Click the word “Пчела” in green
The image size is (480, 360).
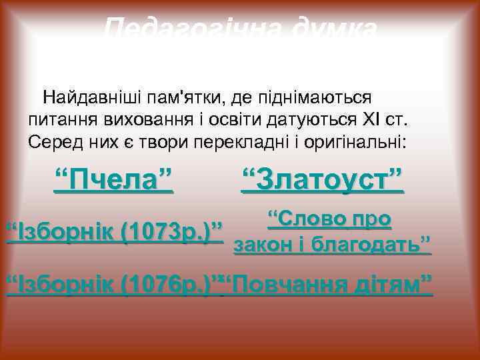(x=113, y=179)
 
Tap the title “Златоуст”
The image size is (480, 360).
(x=322, y=179)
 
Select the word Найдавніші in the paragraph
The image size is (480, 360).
(x=93, y=99)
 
